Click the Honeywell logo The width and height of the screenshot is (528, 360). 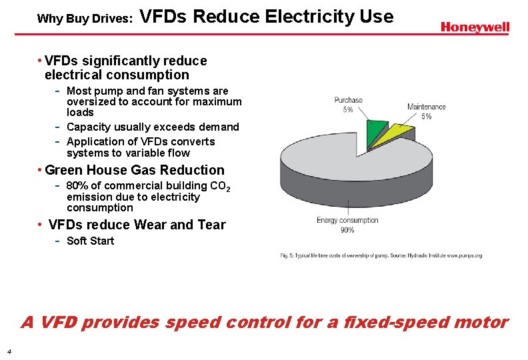click(x=475, y=27)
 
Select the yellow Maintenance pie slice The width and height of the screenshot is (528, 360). click(x=400, y=133)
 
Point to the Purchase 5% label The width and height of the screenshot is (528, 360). click(x=348, y=105)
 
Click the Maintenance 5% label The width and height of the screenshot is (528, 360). click(x=426, y=111)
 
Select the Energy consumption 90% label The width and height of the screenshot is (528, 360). click(x=347, y=225)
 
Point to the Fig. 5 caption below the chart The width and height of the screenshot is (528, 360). click(x=381, y=255)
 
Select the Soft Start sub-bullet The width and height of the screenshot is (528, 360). click(x=90, y=241)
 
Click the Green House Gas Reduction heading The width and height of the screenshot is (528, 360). click(x=135, y=170)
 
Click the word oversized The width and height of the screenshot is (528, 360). click(x=91, y=101)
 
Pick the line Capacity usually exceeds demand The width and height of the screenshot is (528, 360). click(x=152, y=127)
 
